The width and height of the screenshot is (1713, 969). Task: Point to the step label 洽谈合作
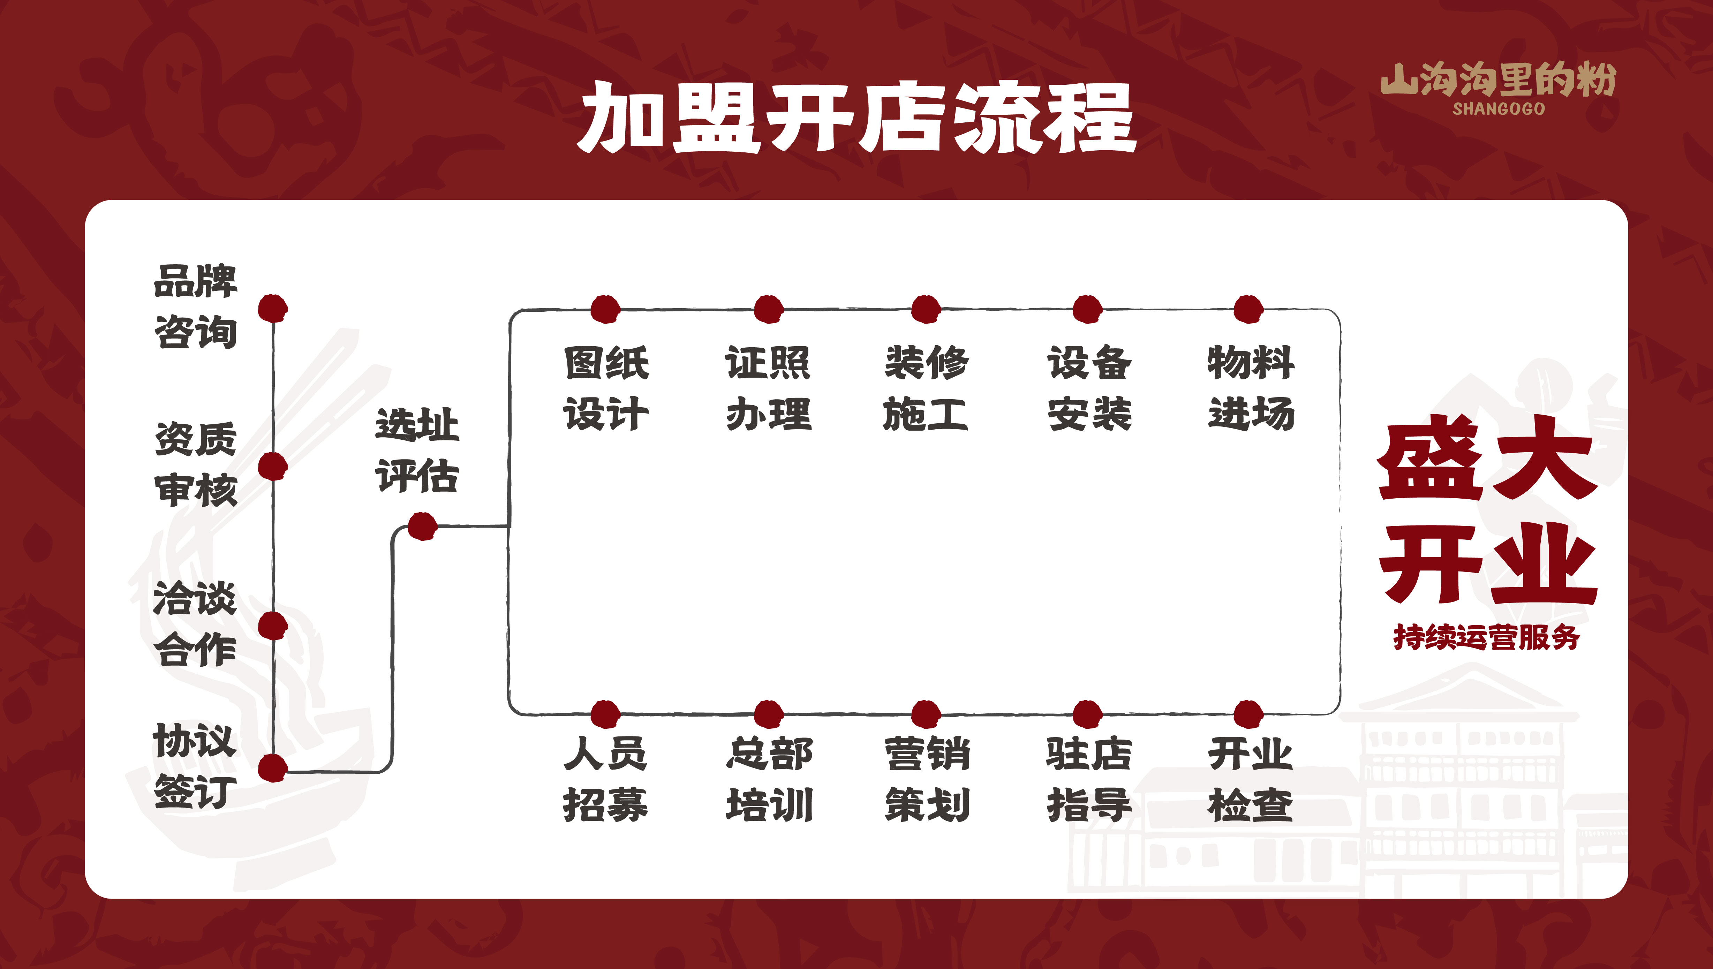pos(195,623)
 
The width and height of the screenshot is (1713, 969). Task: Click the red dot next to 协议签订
pos(272,768)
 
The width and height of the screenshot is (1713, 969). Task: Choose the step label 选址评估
pos(417,451)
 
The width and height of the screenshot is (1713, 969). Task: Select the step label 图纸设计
pos(606,388)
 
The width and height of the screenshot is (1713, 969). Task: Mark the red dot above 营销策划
pos(926,714)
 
